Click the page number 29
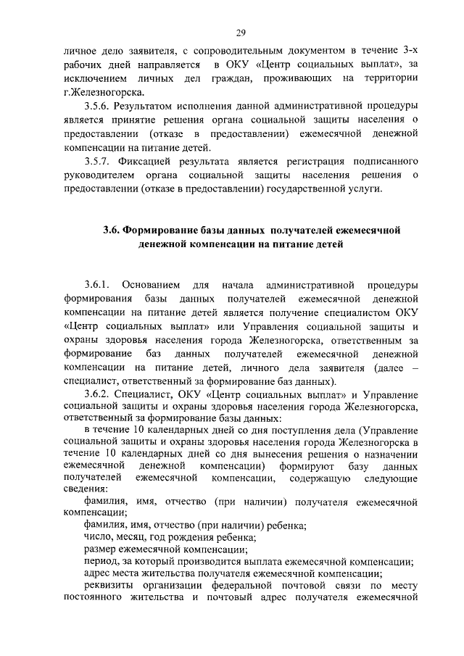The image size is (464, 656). [x=241, y=32]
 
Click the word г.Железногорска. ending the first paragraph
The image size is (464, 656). [x=104, y=91]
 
